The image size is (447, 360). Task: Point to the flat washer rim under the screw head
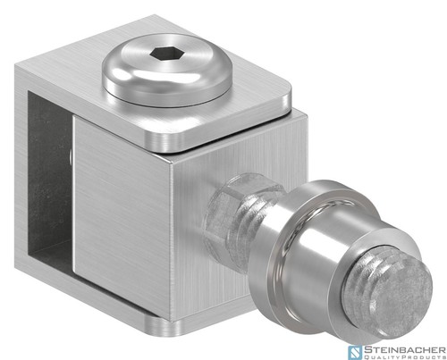[x=167, y=96]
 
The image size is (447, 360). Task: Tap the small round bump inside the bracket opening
[x=71, y=157]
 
